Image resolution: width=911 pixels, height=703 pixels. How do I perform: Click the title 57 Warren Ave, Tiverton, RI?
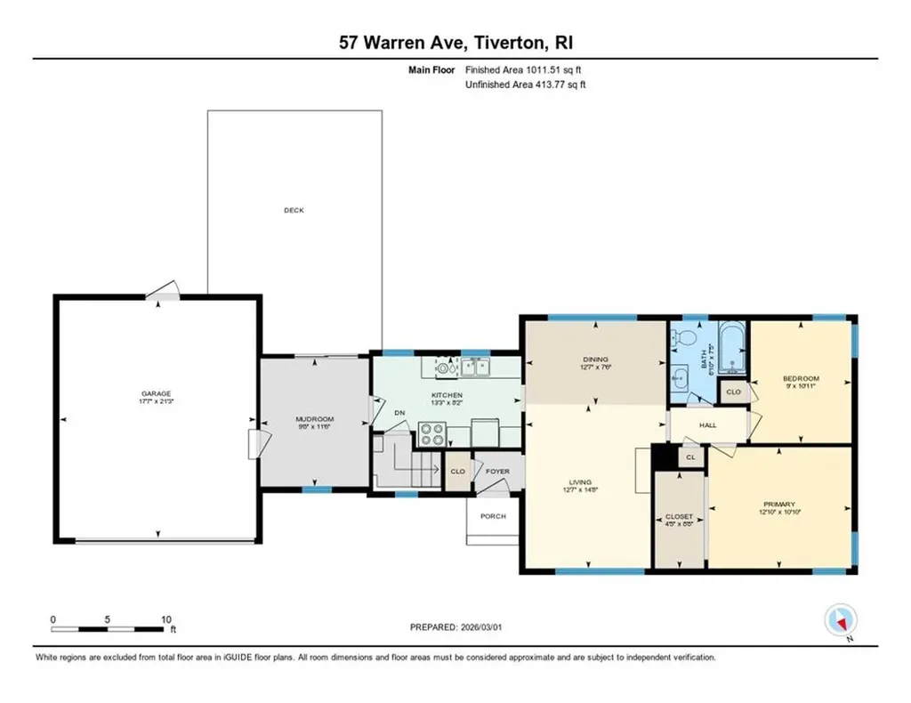click(455, 43)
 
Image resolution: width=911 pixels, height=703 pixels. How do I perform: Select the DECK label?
click(294, 210)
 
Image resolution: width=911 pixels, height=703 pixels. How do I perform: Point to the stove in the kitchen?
click(432, 433)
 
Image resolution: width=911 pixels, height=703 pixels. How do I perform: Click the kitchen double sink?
click(475, 366)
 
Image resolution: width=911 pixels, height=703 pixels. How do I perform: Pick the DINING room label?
click(595, 360)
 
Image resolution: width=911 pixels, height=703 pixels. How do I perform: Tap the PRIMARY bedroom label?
click(778, 504)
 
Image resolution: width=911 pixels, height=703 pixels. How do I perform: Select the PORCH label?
click(493, 516)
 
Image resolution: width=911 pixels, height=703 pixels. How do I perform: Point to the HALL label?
click(708, 425)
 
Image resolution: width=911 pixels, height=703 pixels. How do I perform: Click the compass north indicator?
click(840, 619)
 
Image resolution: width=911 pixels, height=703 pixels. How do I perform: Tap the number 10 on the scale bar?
click(165, 618)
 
